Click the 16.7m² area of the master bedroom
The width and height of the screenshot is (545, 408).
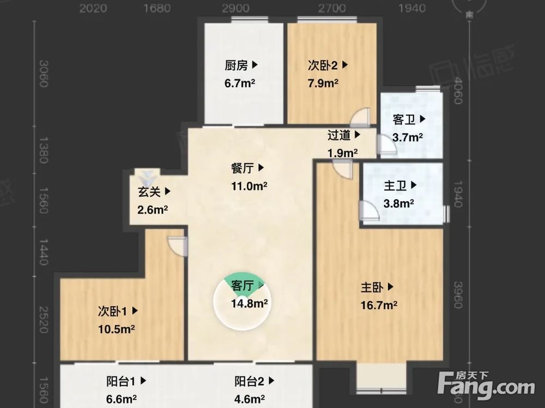click(379, 305)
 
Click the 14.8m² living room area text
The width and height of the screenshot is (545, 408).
click(249, 304)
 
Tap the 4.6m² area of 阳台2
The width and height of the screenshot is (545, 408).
click(250, 399)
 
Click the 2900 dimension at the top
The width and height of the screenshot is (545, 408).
click(236, 8)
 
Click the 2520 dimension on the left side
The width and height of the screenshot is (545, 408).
click(44, 320)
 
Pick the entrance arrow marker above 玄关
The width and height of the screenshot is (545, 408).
click(147, 176)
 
